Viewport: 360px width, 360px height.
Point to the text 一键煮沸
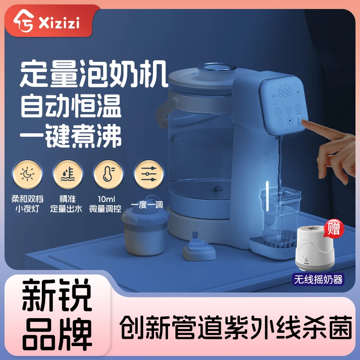coord(72,136)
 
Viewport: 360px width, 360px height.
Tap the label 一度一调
coord(147,204)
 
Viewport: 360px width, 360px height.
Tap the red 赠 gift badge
coord(333,229)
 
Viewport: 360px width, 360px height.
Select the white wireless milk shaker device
coord(315,250)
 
